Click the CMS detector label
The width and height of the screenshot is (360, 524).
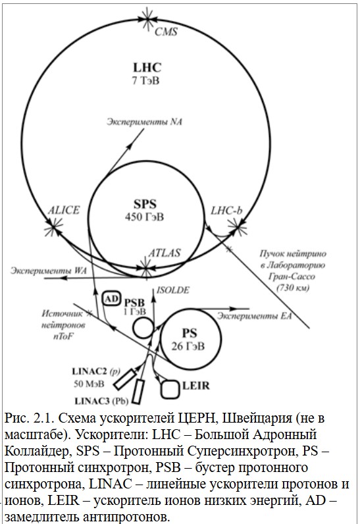coord(166,32)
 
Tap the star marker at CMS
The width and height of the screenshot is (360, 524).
coord(147,19)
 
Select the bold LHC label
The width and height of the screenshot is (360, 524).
coord(147,68)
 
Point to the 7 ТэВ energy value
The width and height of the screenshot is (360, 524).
coord(146,81)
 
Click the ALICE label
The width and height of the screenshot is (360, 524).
coord(64,210)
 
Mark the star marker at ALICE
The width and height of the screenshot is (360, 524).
coord(53,227)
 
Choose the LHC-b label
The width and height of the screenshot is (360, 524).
coord(226,211)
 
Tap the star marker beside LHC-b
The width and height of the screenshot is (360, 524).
coord(238,227)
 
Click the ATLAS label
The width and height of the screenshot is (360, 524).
coord(165,253)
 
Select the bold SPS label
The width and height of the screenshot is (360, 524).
coord(145,204)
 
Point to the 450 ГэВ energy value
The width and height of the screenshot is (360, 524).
coord(145,217)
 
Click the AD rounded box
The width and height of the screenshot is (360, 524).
coord(111,299)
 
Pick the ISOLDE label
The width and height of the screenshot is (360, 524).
coord(172,290)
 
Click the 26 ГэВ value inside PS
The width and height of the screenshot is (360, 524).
coord(188,346)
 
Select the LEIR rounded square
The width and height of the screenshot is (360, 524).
coord(170,389)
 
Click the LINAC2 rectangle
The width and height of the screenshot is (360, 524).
coord(125,379)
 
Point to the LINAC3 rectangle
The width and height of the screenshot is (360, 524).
coord(138,392)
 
